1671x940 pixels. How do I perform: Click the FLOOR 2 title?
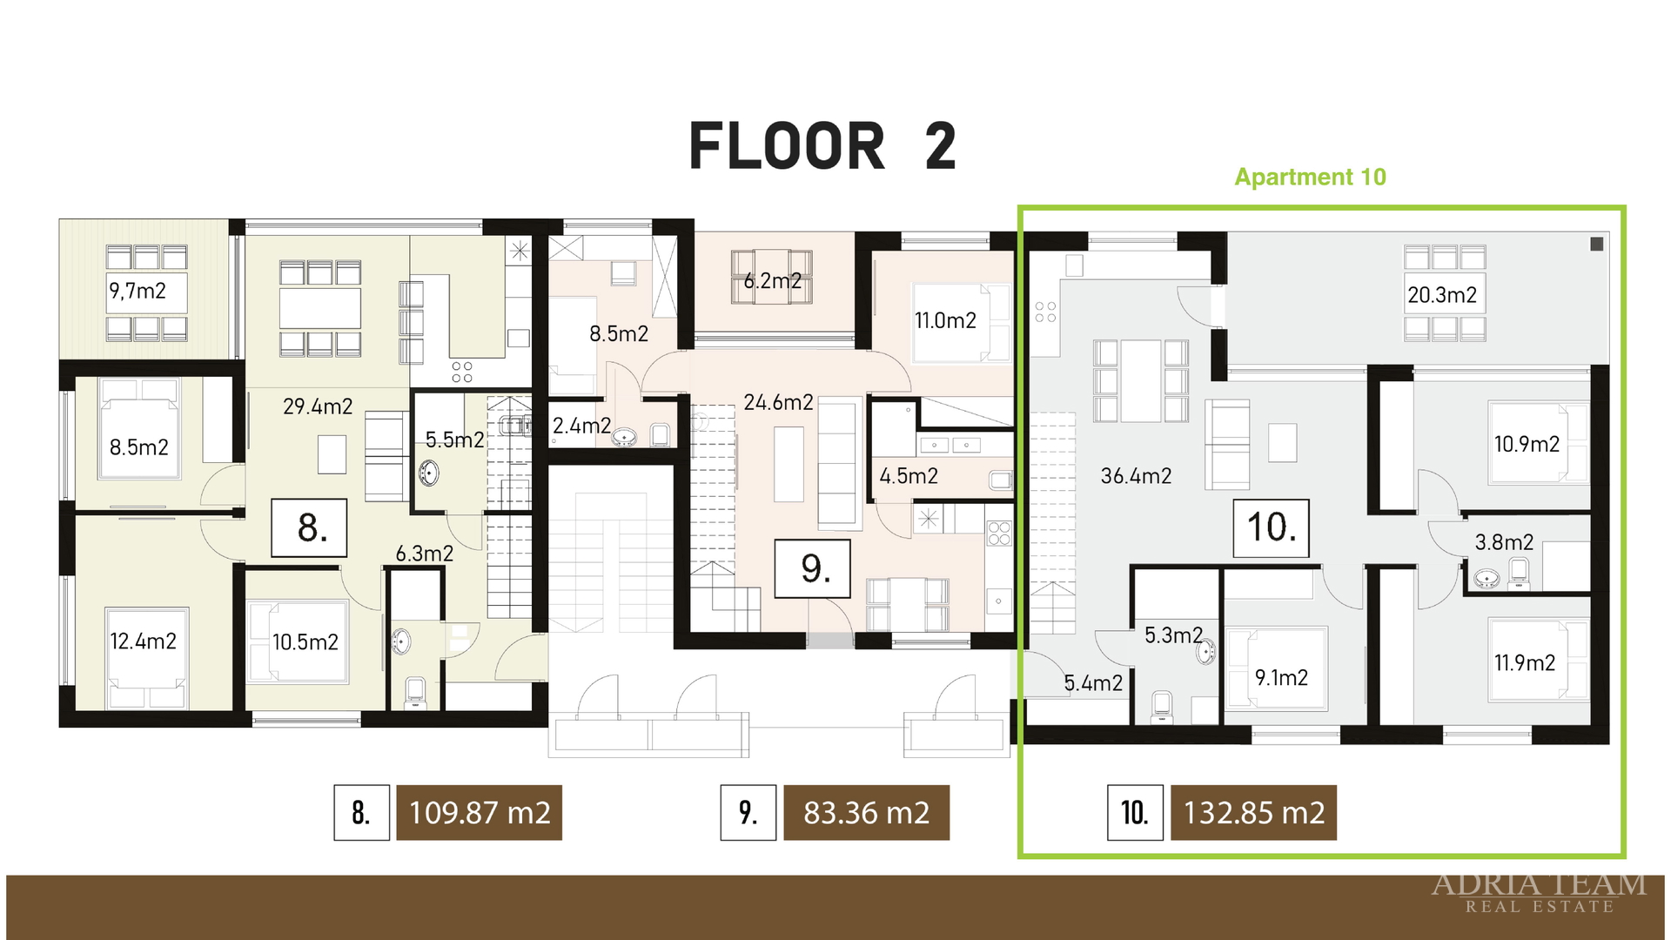pyautogui.click(x=822, y=146)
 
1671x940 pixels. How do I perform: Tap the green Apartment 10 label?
pyautogui.click(x=1310, y=177)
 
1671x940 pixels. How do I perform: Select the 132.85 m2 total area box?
pyautogui.click(x=1253, y=813)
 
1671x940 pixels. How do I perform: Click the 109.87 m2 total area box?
pyautogui.click(x=479, y=813)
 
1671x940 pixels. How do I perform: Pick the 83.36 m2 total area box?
pyautogui.click(x=866, y=813)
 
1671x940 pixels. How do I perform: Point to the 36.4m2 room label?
pyautogui.click(x=1136, y=476)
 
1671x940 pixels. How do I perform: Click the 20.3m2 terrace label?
pyautogui.click(x=1442, y=295)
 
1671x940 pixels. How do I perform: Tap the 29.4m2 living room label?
pyautogui.click(x=318, y=406)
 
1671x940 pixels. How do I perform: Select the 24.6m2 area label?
pyautogui.click(x=778, y=402)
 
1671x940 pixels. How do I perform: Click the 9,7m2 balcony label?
pyautogui.click(x=138, y=291)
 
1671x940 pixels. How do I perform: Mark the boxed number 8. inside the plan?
pyautogui.click(x=309, y=527)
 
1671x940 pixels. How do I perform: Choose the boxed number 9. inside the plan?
pyautogui.click(x=812, y=568)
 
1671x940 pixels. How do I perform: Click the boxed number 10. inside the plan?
pyautogui.click(x=1272, y=527)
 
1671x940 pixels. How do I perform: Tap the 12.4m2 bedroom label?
pyautogui.click(x=143, y=641)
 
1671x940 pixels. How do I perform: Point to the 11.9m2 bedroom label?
pyautogui.click(x=1525, y=663)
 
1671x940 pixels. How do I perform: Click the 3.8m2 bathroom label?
pyautogui.click(x=1504, y=543)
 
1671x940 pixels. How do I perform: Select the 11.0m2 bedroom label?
pyautogui.click(x=945, y=321)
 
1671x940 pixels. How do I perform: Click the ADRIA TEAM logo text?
pyautogui.click(x=1539, y=885)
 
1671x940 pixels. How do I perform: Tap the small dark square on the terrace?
pyautogui.click(x=1597, y=244)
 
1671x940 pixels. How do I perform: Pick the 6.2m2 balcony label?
pyautogui.click(x=773, y=281)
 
